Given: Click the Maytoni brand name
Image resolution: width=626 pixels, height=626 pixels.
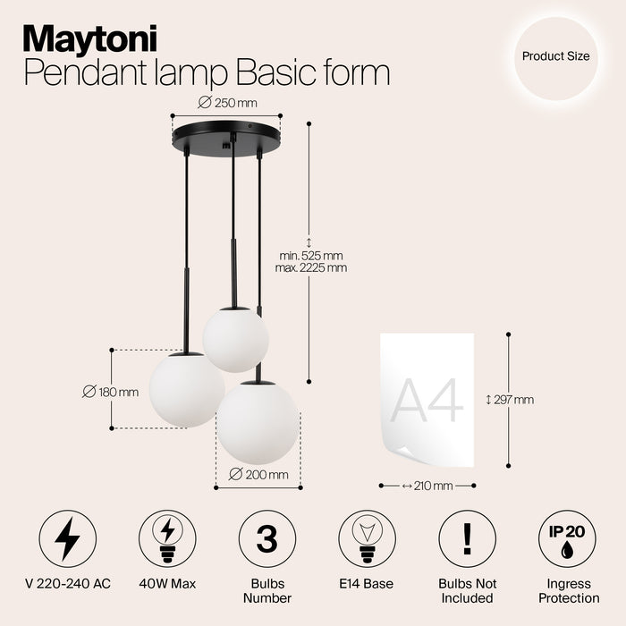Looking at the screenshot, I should coord(89,38).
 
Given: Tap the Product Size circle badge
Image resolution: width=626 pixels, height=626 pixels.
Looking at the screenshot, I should coord(555,56).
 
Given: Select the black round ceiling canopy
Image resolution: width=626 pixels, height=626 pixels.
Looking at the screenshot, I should coord(226,137).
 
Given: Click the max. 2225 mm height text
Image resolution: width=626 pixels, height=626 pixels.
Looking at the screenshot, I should coord(312,267).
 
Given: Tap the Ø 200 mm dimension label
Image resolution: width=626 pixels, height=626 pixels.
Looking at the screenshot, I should coord(258,474).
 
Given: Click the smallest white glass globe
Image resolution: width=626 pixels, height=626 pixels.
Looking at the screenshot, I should coord(235,339).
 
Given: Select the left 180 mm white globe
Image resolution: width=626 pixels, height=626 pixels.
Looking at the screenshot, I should coord(186,390).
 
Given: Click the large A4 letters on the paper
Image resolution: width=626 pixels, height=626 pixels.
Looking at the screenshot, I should coord(427,400).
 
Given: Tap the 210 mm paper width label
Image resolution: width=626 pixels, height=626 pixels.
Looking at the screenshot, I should coord(427,486).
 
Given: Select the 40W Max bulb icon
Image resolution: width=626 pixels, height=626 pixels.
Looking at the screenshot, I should coord(167,538).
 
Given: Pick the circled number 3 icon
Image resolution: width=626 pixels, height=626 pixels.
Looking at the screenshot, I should coord(267,538).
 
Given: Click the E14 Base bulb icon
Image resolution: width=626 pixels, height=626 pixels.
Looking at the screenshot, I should coord(367,538).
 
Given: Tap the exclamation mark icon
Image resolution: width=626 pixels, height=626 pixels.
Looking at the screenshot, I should coord(467,538).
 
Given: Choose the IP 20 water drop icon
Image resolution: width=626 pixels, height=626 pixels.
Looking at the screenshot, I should coord(567,538).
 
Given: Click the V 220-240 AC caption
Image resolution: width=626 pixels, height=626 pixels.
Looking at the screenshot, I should coord(67,585).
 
